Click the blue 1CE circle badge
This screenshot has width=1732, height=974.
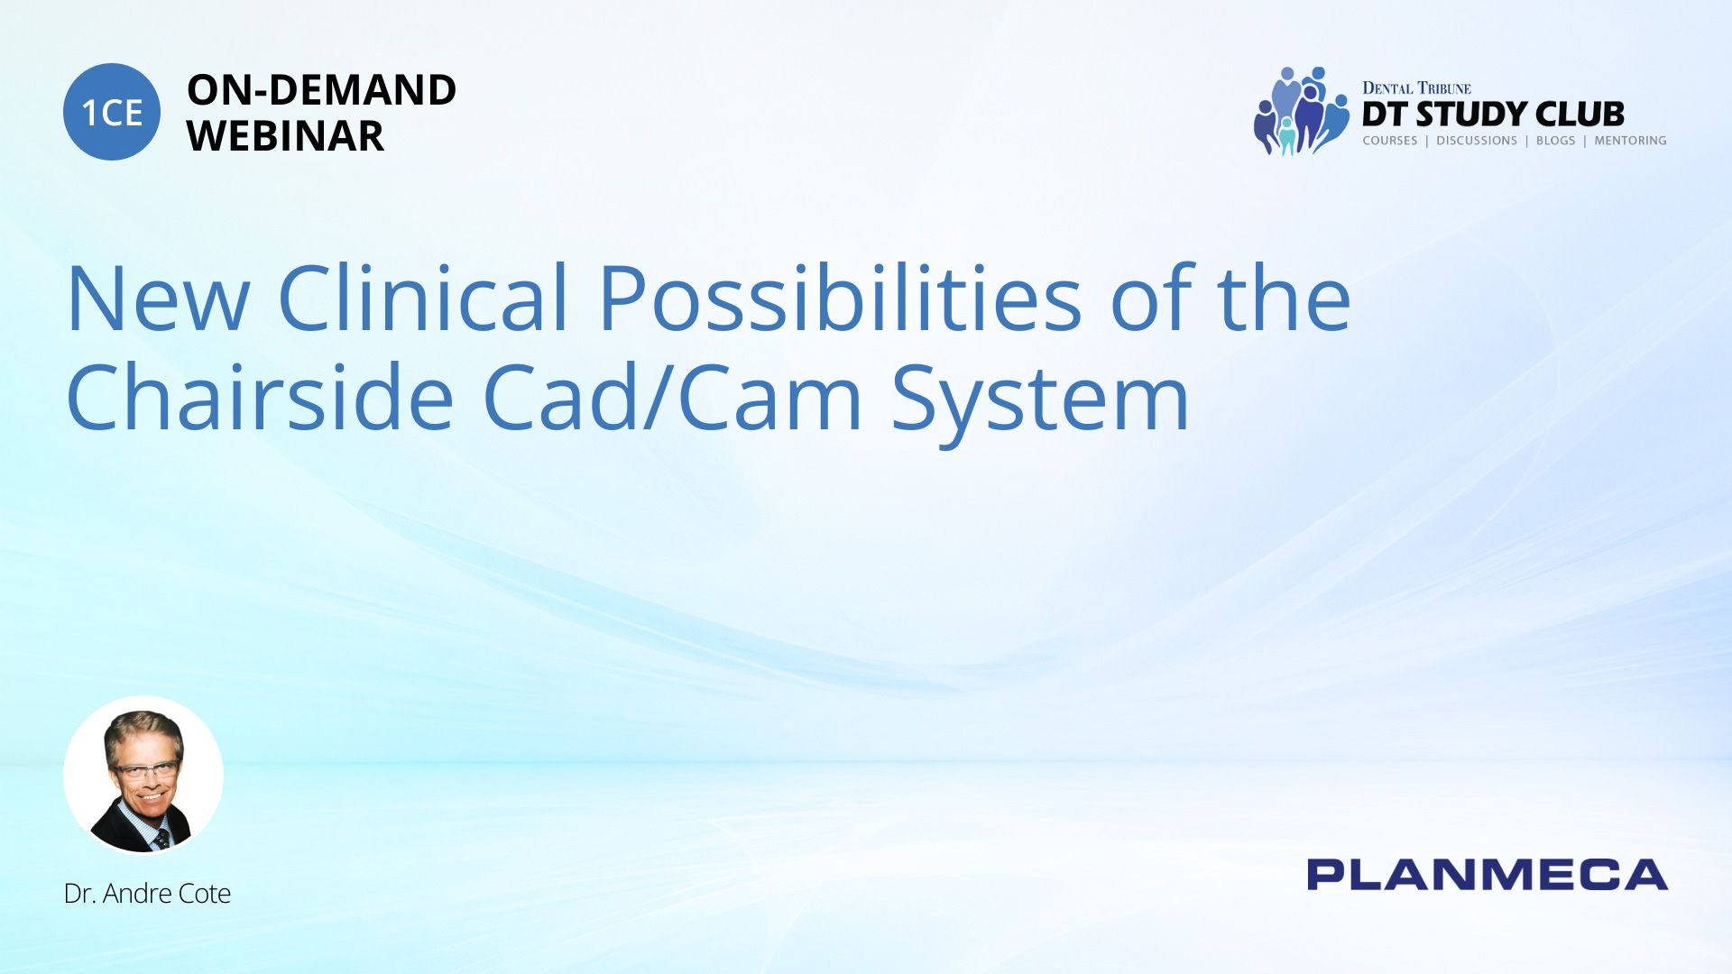(x=112, y=112)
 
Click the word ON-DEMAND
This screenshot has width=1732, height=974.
(x=321, y=90)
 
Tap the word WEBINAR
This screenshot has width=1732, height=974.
(x=285, y=136)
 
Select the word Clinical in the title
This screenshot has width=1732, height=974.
(x=423, y=297)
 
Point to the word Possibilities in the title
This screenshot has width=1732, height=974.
(x=840, y=297)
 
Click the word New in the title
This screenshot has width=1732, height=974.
(x=158, y=299)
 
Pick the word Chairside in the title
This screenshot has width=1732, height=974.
(x=260, y=396)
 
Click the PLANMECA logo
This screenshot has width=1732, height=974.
(x=1487, y=875)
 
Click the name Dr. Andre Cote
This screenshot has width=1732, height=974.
(x=147, y=893)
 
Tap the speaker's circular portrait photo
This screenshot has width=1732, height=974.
(x=143, y=775)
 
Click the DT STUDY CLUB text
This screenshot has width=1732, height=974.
(x=1493, y=114)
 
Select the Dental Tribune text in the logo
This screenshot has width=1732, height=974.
(x=1416, y=87)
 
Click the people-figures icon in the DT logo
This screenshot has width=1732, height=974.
(x=1300, y=111)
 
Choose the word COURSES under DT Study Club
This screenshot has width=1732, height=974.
(x=1389, y=141)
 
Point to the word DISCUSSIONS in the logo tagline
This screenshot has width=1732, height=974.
(x=1476, y=141)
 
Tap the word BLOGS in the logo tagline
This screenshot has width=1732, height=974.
(x=1555, y=141)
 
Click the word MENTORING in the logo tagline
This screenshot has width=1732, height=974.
(x=1630, y=141)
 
